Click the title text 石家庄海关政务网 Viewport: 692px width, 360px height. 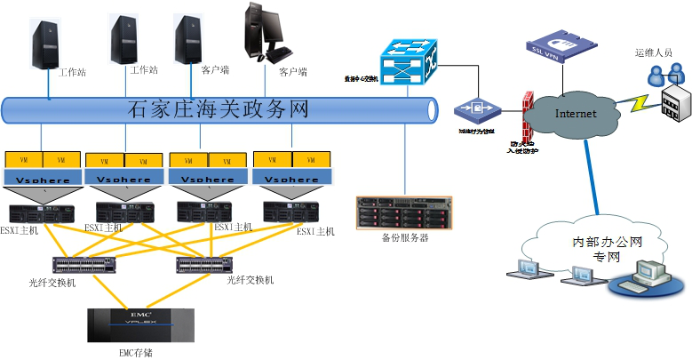point(219,110)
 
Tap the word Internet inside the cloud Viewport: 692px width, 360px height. point(575,114)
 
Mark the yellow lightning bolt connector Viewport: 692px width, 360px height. point(636,102)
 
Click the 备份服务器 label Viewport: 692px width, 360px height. point(404,238)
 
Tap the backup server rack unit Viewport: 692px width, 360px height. point(403,213)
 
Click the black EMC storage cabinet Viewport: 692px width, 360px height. point(140,324)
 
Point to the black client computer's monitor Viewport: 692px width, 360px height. point(264,26)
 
